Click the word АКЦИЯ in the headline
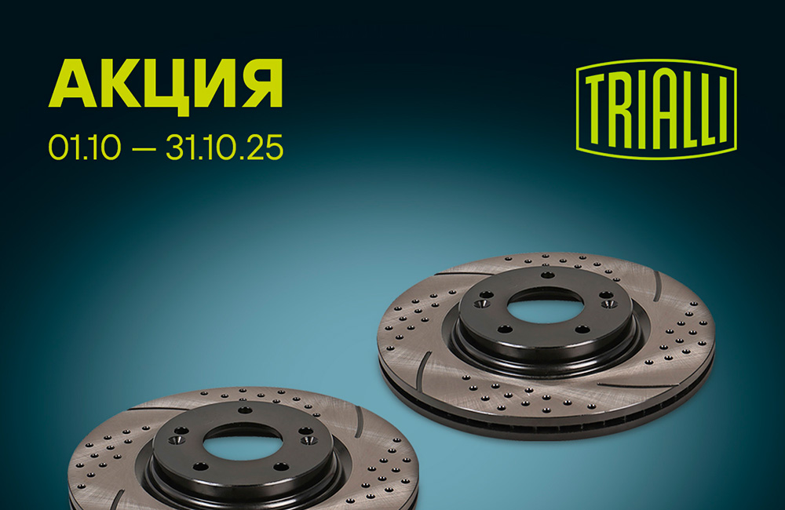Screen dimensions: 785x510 tap(166, 84)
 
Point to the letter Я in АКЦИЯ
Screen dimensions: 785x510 tap(262, 84)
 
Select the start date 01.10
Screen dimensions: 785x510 tap(85, 148)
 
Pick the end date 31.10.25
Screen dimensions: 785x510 tap(225, 148)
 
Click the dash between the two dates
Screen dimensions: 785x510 tap(144, 148)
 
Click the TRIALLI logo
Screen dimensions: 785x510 tap(656, 109)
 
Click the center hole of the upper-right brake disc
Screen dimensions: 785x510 tap(545, 304)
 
